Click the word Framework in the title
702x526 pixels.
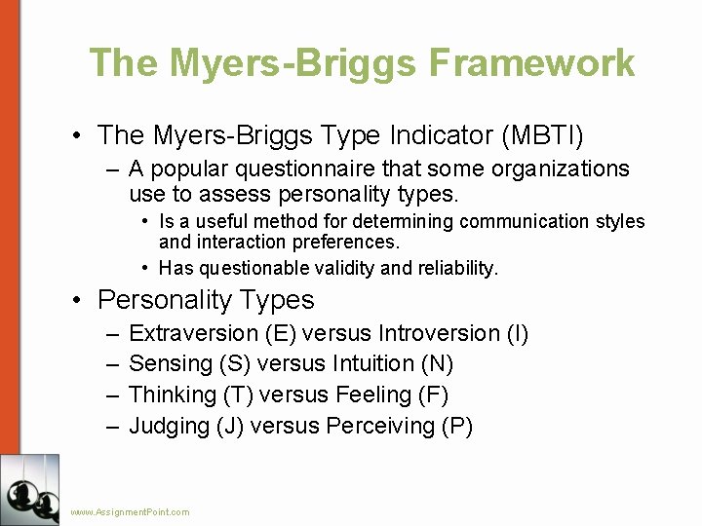531,62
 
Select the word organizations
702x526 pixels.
564,169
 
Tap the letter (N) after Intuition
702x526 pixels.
438,364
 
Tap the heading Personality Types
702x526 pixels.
206,299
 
